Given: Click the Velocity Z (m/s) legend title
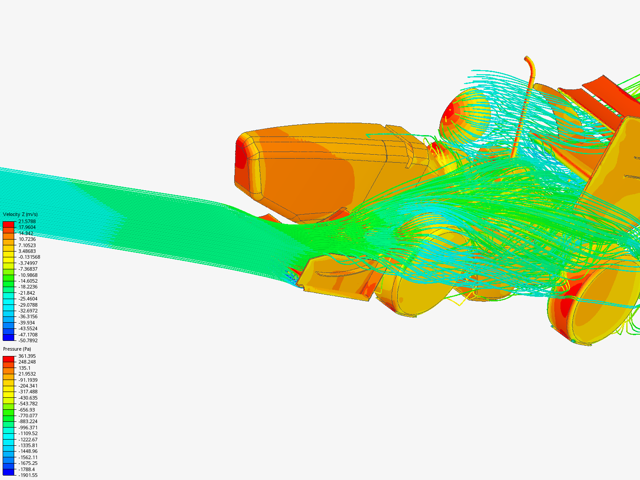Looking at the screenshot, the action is (20, 214).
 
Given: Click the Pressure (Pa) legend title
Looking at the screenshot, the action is (17, 349).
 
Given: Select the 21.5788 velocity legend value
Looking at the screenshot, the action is (27, 221).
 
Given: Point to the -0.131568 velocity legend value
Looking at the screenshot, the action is (29, 257).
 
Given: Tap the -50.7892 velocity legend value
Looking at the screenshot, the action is (28, 340).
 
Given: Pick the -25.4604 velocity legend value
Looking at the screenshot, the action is (28, 299).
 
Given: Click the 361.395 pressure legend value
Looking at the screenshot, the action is (27, 356).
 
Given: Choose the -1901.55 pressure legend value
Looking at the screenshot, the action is (28, 475).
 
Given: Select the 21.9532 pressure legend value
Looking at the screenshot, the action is (27, 374).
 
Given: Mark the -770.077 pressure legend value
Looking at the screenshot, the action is (28, 415).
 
